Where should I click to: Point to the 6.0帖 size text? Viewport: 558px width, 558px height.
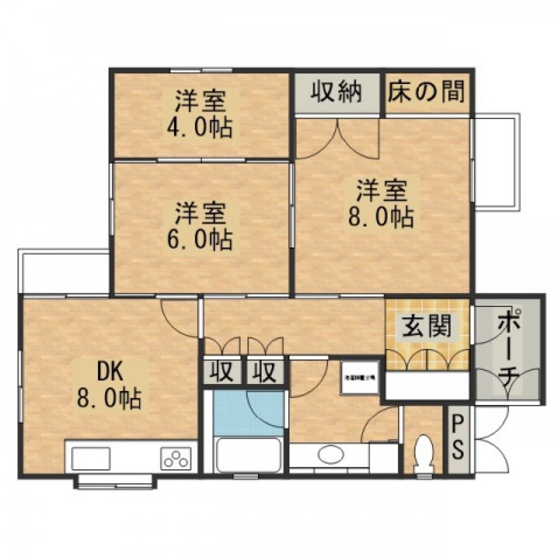point(201,239)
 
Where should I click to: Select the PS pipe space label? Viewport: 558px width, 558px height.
point(456,439)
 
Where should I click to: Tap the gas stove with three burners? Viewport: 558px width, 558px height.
point(176,459)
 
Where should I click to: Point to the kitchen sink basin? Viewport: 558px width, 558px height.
point(93,459)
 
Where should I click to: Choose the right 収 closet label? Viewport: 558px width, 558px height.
point(264,372)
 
